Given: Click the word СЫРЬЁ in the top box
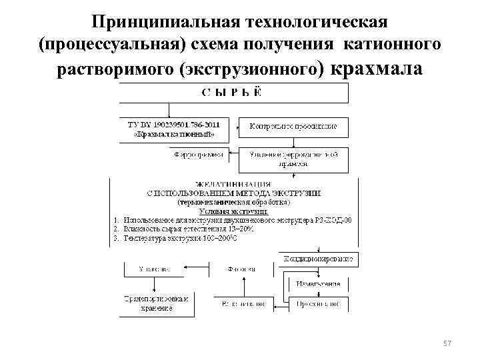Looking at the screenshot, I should (x=231, y=93).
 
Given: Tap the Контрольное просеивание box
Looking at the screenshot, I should (x=293, y=126).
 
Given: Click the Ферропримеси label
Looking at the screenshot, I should (x=198, y=154).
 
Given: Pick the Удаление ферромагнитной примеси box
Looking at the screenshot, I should (x=293, y=158).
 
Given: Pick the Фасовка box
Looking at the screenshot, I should (x=241, y=269).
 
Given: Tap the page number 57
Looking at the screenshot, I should (x=447, y=343).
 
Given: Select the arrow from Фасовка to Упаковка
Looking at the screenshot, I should (x=197, y=269).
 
